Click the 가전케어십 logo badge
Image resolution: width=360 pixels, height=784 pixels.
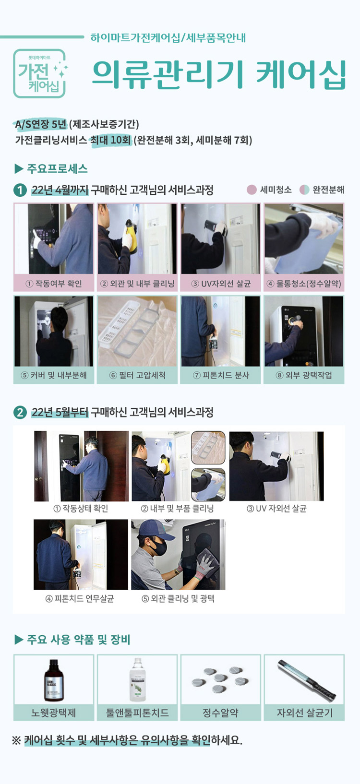(x=39, y=73)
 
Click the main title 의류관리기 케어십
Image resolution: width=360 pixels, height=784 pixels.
(x=219, y=74)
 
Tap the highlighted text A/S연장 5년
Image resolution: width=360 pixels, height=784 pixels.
(x=41, y=124)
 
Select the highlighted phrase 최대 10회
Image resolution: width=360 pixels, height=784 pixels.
(x=111, y=140)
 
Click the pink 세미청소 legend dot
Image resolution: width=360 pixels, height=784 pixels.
(x=252, y=190)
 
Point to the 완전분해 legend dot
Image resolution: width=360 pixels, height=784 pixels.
(x=304, y=190)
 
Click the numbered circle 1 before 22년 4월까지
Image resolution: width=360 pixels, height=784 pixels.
(x=20, y=190)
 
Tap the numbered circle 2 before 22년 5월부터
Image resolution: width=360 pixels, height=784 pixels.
(x=20, y=412)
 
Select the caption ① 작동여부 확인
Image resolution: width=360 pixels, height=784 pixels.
(x=54, y=284)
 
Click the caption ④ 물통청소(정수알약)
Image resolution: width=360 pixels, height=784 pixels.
(x=304, y=284)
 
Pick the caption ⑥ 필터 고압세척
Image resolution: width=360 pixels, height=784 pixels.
(x=137, y=375)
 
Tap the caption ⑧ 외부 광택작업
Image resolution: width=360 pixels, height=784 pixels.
(x=304, y=375)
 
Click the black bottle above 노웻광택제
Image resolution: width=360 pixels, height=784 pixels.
(x=53, y=680)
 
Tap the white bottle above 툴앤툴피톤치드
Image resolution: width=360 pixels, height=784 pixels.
(x=138, y=680)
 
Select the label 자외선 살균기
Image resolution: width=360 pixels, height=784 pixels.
(x=304, y=713)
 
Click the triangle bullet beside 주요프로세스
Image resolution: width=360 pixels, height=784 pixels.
(x=19, y=169)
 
